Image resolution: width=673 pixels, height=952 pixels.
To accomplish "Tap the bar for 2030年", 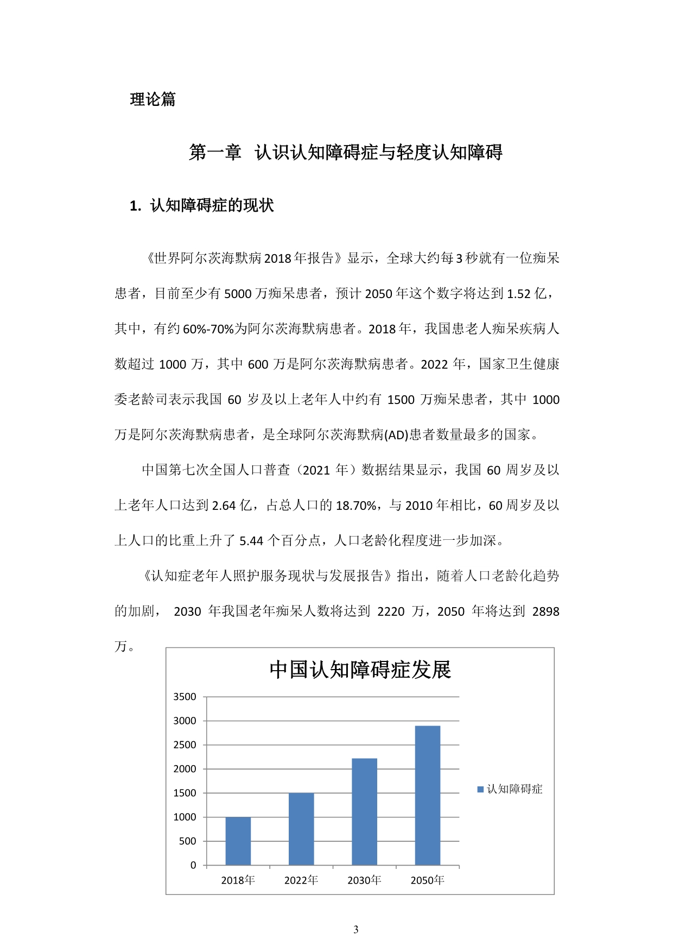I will tap(364, 811).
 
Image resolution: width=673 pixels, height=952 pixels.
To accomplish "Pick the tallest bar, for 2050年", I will tap(428, 795).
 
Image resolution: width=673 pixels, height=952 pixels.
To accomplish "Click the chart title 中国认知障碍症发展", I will tap(360, 670).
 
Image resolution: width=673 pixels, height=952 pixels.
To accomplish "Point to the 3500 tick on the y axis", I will tap(185, 697).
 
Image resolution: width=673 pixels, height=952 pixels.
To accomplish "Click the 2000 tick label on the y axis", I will tap(185, 769).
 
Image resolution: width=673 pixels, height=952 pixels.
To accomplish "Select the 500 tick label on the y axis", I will tap(187, 841).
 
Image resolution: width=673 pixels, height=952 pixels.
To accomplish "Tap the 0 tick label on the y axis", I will tap(193, 865).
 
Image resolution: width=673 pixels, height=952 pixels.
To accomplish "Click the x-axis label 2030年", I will tap(364, 880).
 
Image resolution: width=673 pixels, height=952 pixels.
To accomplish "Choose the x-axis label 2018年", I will tap(238, 880).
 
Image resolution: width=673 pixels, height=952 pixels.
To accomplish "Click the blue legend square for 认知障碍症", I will tap(480, 789).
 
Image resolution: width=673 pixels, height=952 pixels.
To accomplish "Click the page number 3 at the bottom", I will tap(356, 930).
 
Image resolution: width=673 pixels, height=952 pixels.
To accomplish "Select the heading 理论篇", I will tap(153, 99).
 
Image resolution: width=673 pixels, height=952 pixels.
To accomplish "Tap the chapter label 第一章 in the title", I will tap(215, 153).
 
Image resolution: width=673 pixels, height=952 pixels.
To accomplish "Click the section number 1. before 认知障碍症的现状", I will tap(136, 206).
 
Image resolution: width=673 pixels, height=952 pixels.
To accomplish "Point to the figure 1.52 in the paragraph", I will tap(518, 294).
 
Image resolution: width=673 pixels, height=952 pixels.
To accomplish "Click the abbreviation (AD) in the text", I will tap(396, 435).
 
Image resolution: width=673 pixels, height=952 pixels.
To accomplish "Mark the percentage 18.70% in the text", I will tap(356, 506).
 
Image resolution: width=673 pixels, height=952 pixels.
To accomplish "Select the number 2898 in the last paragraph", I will tap(545, 611).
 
